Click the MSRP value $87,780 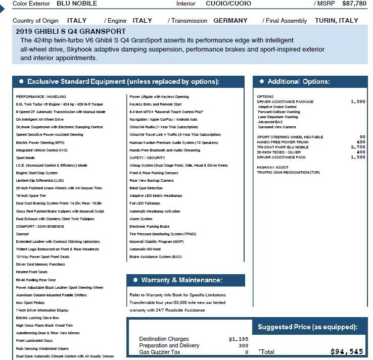click(354, 4)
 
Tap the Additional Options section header click(298, 81)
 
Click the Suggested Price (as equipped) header click(307, 327)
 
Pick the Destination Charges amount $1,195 click(239, 339)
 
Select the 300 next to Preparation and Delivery click(243, 346)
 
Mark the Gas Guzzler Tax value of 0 click(247, 352)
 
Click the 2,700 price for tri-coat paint click(357, 147)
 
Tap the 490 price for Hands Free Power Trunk click(360, 142)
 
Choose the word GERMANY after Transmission click(230, 21)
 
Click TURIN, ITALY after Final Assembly click(336, 21)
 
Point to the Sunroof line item click(22, 234)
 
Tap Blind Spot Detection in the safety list click(146, 188)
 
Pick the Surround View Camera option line click(277, 127)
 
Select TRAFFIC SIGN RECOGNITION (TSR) click(288, 172)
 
